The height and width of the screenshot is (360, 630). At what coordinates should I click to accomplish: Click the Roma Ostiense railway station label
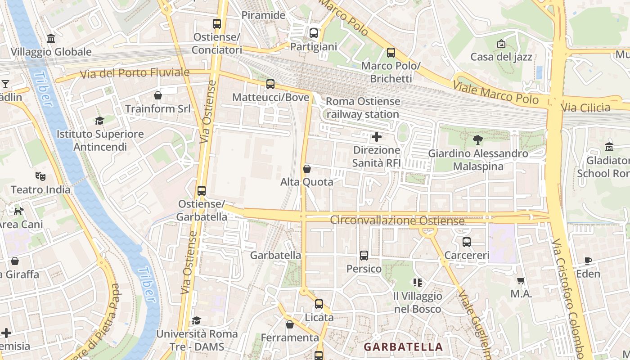pos(363,108)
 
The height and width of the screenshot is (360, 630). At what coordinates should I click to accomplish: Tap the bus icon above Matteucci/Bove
pos(270,84)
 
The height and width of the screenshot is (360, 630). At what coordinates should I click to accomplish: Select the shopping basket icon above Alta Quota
pos(307,169)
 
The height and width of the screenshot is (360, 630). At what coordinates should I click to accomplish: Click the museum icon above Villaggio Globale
pos(51,38)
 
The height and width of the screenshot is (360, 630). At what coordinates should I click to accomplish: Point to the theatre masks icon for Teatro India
pos(40,176)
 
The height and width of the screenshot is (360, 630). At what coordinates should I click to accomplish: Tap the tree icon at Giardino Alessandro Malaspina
pos(478,140)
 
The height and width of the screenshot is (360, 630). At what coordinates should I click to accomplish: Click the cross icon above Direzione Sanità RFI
pos(377,136)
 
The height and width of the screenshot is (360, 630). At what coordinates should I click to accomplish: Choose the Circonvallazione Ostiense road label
pos(397,220)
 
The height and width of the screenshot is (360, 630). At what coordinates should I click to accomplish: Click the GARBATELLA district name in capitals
pos(403,347)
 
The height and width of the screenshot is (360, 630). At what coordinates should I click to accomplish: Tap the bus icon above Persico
pos(364,256)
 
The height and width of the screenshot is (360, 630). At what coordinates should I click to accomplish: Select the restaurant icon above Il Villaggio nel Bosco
pos(418,283)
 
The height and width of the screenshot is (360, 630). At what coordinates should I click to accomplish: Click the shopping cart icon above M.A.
pos(521,281)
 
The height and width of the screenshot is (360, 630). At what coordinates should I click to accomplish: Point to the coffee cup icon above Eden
pos(588,261)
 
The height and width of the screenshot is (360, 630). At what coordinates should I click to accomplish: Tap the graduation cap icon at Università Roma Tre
pos(197,320)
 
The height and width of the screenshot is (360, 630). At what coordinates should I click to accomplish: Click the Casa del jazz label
pos(501,57)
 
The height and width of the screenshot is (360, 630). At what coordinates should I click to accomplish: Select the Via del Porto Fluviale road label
pos(135,72)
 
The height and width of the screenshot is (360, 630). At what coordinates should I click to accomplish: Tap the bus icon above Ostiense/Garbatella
pos(202,191)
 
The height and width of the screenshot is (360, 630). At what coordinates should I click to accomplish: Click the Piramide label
pos(263,15)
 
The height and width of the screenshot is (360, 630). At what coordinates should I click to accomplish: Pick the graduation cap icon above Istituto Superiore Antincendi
pos(99,121)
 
